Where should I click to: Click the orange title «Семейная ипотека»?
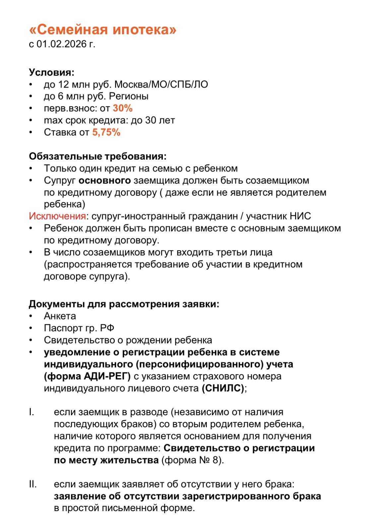point(103,30)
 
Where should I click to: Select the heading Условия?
point(51,72)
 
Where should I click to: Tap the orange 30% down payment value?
point(123,108)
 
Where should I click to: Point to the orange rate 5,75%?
point(106,132)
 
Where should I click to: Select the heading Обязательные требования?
point(97,156)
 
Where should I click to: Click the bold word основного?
point(105,180)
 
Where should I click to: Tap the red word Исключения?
point(57,216)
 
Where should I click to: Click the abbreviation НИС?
point(300,216)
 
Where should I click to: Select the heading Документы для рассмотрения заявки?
point(124,304)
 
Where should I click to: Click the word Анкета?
point(60,316)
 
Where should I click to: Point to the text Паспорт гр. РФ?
point(79,328)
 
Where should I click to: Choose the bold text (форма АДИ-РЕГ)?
point(87,376)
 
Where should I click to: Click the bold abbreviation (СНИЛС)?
point(223,388)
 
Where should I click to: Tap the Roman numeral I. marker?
point(32,412)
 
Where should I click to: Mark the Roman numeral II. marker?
point(33,484)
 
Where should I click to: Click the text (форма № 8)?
point(192,460)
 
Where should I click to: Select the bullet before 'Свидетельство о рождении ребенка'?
point(31,340)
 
